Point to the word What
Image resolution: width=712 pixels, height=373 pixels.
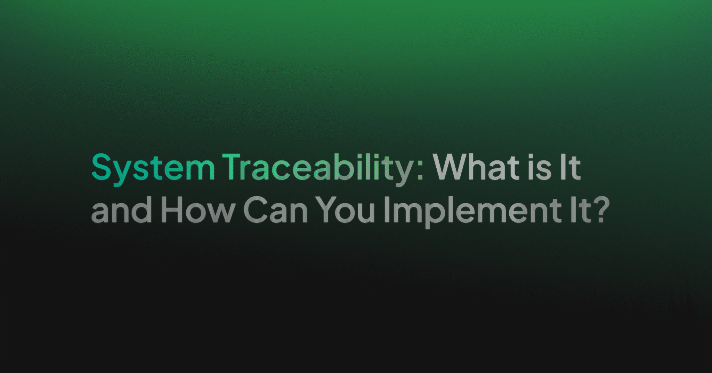click(x=478, y=167)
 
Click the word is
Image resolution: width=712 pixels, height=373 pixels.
click(x=540, y=167)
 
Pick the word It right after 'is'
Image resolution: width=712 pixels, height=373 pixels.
click(x=570, y=167)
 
